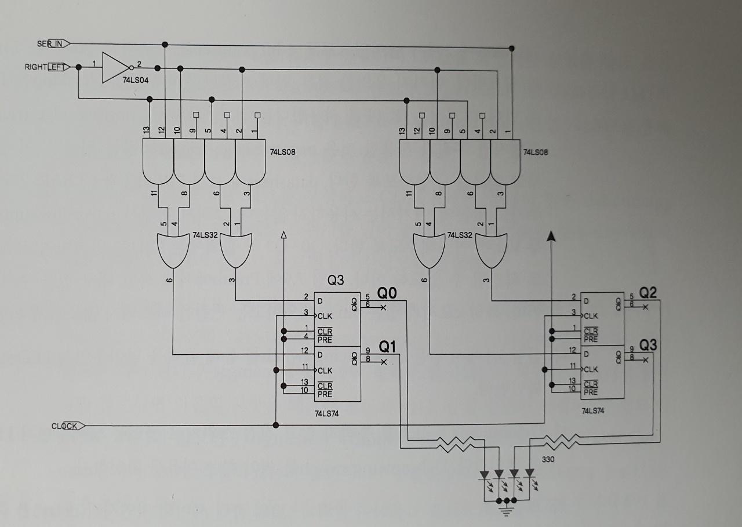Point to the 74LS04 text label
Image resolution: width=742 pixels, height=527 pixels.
tap(135, 80)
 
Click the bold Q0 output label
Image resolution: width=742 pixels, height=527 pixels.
tap(387, 293)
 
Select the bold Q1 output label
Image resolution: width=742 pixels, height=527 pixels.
tap(387, 347)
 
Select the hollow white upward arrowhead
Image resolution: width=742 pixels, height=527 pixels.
tap(283, 234)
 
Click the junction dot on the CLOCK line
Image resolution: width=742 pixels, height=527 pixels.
tap(276, 426)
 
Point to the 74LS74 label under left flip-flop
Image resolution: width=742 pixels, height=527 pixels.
tap(328, 414)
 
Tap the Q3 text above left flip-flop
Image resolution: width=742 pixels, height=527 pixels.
tap(336, 281)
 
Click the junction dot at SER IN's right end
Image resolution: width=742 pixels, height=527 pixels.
tap(511, 48)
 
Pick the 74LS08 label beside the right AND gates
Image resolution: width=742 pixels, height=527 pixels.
tap(536, 152)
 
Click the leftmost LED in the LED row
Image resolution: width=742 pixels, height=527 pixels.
tap(485, 476)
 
